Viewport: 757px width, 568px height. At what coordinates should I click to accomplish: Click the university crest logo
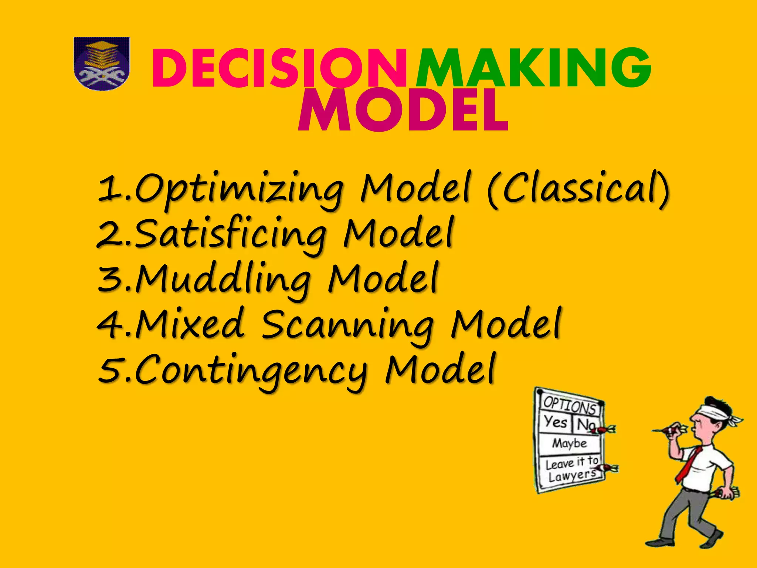pos(102,64)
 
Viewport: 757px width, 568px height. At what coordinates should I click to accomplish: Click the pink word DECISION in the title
pos(279,69)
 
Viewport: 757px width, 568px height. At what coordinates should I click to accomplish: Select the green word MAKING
pos(533,69)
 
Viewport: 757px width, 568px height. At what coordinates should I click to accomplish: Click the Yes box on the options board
pos(555,422)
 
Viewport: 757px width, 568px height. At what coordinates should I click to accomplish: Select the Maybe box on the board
pos(569,443)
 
